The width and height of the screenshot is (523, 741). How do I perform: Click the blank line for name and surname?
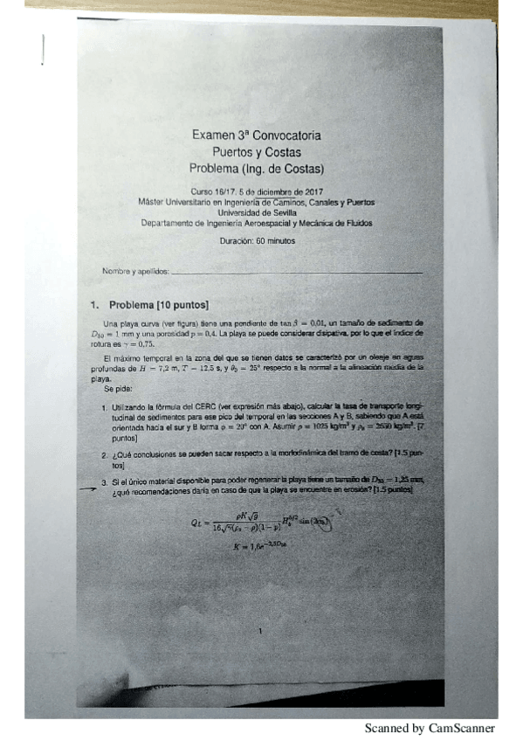tap(297, 273)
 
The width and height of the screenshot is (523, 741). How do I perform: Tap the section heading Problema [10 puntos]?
tap(157, 305)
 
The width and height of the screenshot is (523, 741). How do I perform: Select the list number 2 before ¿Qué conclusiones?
tap(104, 455)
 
